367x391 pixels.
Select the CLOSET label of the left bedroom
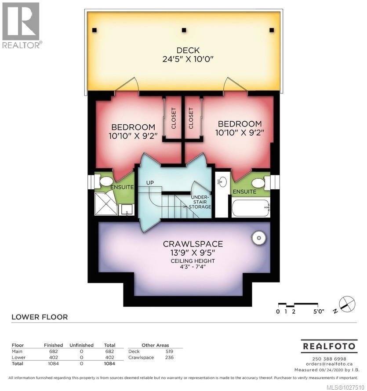173,118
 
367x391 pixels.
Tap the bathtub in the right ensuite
251,208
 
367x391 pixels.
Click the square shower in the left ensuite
106,205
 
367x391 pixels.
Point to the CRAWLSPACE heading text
193,244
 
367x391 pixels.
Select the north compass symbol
346,304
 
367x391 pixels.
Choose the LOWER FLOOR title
40,317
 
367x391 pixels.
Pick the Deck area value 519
169,351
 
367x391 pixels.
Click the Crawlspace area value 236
169,358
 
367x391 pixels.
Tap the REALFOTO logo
328,346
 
